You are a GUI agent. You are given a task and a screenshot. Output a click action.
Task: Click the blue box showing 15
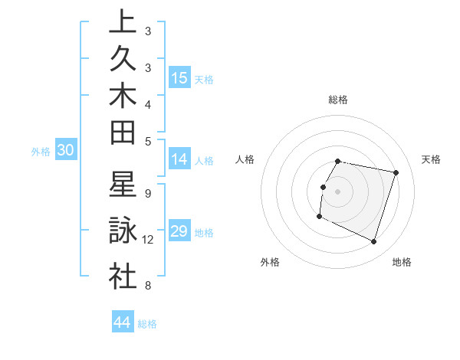pyautogui.click(x=179, y=78)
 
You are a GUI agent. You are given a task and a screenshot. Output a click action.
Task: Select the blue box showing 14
pyautogui.click(x=179, y=159)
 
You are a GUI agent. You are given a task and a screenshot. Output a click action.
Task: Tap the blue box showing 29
pyautogui.click(x=179, y=231)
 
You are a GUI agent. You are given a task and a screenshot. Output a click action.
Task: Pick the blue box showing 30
pyautogui.click(x=65, y=151)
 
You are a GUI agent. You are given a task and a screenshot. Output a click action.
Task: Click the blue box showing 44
pyautogui.click(x=122, y=322)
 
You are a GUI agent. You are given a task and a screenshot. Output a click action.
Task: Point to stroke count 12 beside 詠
pyautogui.click(x=148, y=240)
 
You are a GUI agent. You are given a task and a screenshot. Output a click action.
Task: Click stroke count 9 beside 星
pyautogui.click(x=147, y=194)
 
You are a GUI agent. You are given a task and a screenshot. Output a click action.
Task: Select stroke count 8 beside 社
pyautogui.click(x=147, y=286)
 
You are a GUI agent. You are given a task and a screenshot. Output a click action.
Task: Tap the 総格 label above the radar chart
pyautogui.click(x=338, y=100)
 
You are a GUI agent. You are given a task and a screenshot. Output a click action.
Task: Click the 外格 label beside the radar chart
pyautogui.click(x=270, y=262)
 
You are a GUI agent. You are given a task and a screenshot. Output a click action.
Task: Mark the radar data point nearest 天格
pyautogui.click(x=396, y=173)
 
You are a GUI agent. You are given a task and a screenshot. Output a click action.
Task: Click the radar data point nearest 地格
pyautogui.click(x=374, y=242)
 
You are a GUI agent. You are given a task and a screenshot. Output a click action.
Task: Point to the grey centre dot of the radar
pyautogui.click(x=338, y=191)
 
